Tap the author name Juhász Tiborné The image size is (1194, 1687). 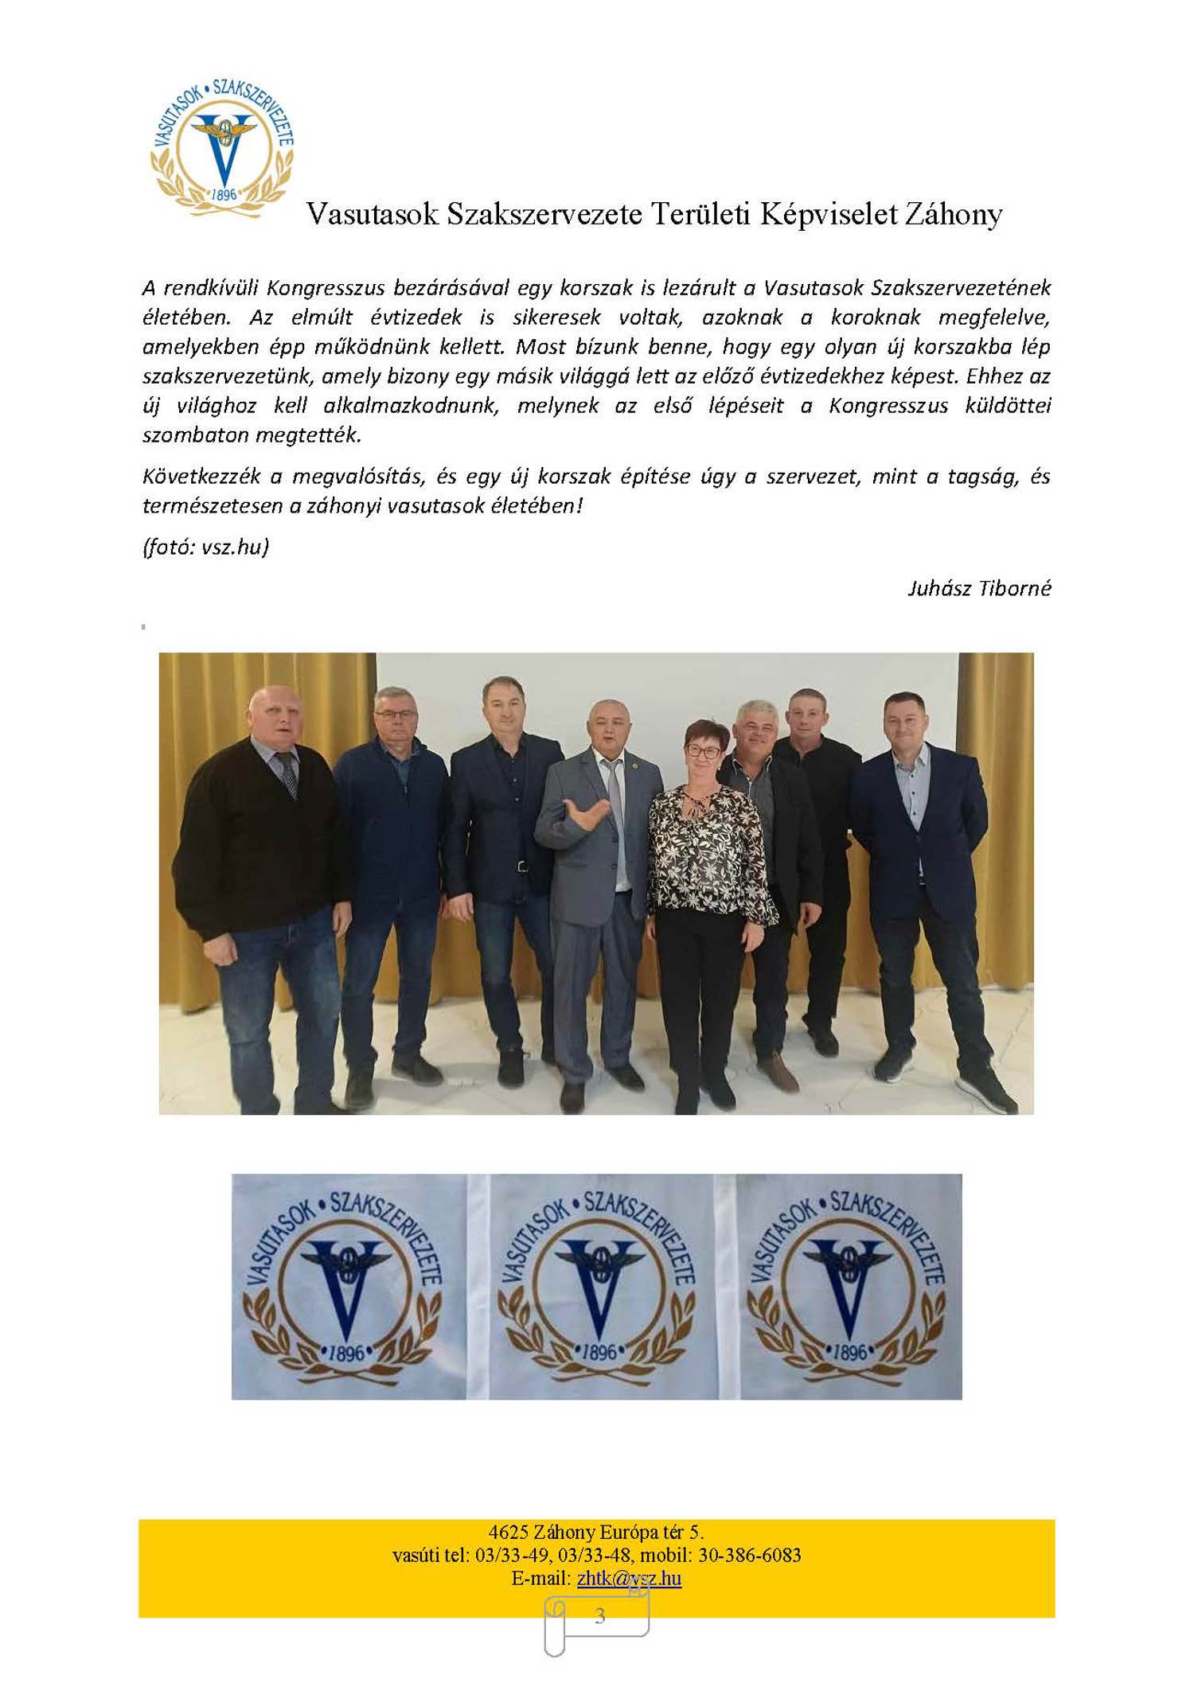[x=979, y=588]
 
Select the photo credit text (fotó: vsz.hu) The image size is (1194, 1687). [x=205, y=547]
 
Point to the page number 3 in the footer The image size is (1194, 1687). [x=599, y=1615]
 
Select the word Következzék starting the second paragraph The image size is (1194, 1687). [x=201, y=476]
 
